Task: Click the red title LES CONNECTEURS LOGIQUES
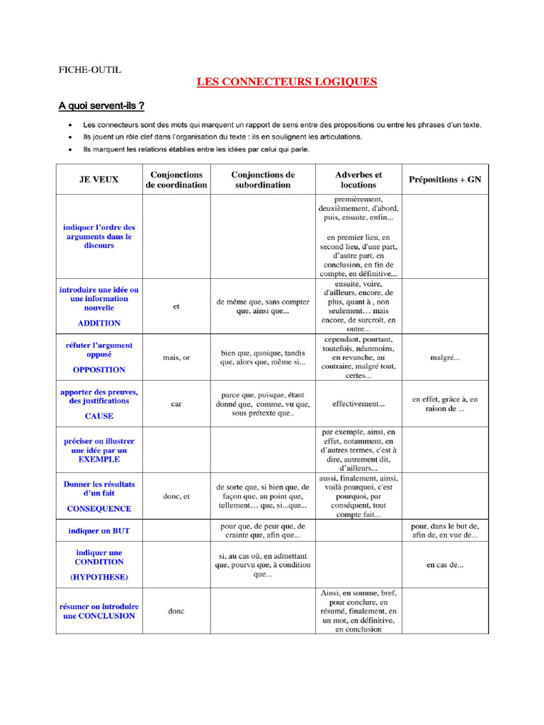pos(286,82)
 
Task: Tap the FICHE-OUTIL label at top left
pos(89,69)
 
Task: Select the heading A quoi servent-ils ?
pos(101,106)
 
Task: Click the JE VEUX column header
pos(98,180)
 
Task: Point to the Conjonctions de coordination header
pos(176,180)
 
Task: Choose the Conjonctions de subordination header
pos(263,180)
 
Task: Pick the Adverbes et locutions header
pos(358,180)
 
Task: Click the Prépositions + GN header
pos(445,180)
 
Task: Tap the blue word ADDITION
pos(98,324)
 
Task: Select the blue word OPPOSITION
pos(98,370)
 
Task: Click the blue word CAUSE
pos(98,416)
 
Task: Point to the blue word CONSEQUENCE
pos(98,508)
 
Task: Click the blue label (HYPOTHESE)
pos(98,577)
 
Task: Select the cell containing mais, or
pos(176,358)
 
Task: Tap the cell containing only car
pos(176,404)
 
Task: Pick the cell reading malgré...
pos(445,358)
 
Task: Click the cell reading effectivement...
pos(358,404)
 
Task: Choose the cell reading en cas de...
pos(445,565)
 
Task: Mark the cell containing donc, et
pos(176,496)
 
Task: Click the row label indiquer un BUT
pos(98,530)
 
